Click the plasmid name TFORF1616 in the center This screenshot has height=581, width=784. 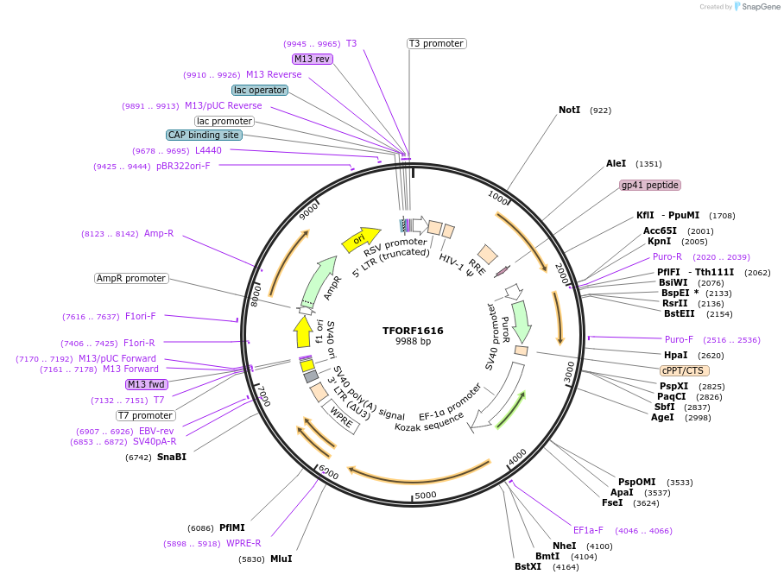413,331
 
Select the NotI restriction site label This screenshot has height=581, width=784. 569,111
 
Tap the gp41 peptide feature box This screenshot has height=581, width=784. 650,185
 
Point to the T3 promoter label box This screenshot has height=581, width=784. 437,43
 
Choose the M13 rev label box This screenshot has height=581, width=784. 312,59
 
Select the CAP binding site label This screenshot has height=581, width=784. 204,135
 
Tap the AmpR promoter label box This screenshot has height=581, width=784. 131,278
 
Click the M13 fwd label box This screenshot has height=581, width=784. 146,384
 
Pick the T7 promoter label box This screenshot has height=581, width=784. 145,415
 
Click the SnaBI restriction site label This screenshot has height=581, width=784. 171,457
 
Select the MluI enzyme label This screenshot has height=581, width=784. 281,559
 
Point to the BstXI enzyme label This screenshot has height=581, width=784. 528,566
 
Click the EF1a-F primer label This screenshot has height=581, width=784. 588,530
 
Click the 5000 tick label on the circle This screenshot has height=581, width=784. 426,496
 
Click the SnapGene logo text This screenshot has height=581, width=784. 761,7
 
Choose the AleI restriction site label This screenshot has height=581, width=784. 616,163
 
